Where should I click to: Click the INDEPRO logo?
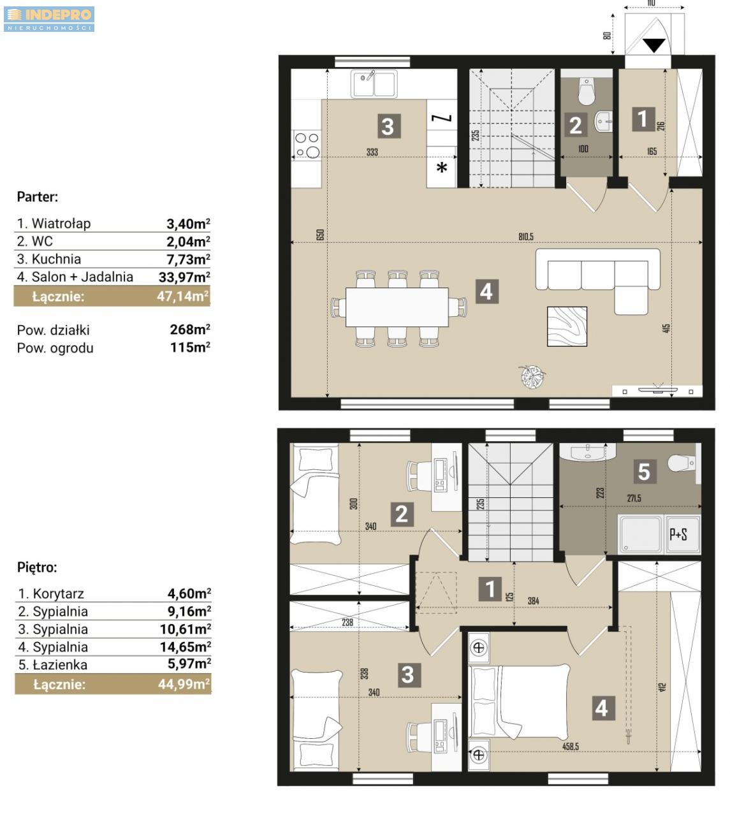49,19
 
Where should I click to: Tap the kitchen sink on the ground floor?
374,84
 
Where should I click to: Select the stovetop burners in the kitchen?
307,145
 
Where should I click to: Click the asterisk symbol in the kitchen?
442,167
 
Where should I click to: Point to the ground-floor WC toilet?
587,91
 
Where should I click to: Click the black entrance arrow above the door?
653,45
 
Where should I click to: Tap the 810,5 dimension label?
526,237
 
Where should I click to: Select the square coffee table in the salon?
567,326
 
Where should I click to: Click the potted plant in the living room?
532,377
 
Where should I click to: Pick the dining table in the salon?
397,307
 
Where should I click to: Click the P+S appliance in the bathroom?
682,534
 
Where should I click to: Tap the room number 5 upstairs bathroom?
644,471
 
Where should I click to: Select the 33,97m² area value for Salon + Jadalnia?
184,277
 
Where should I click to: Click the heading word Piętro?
37,567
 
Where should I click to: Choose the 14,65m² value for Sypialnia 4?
186,647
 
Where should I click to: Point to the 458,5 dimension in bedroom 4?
571,747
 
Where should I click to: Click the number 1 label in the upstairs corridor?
490,589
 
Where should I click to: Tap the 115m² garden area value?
190,347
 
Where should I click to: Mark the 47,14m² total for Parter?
184,296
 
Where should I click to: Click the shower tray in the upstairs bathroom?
641,534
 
